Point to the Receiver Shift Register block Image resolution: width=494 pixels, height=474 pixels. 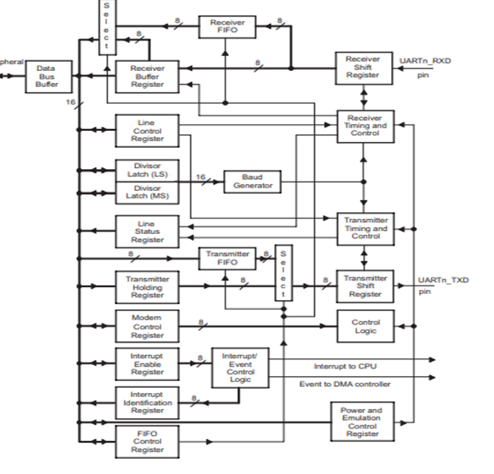pyautogui.click(x=362, y=68)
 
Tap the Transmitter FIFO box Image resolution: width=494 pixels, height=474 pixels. pyautogui.click(x=225, y=259)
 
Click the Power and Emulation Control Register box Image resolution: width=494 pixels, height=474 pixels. pyautogui.click(x=362, y=421)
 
